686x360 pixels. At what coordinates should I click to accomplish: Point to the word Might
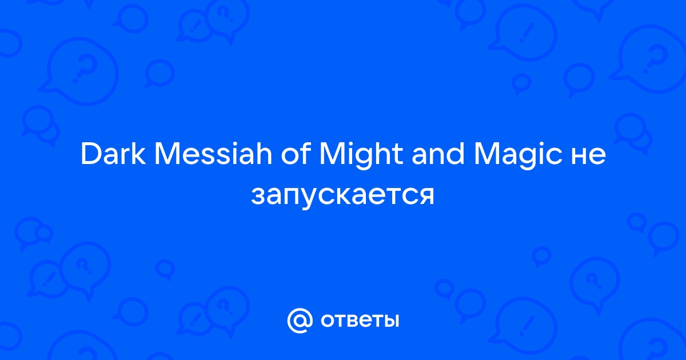[361, 155]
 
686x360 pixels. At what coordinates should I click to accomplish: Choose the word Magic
[517, 155]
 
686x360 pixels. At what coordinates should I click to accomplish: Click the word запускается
[342, 196]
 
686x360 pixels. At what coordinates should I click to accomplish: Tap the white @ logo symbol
[300, 321]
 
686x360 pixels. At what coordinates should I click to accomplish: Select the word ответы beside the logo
[360, 321]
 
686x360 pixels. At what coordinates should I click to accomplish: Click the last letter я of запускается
[426, 196]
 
